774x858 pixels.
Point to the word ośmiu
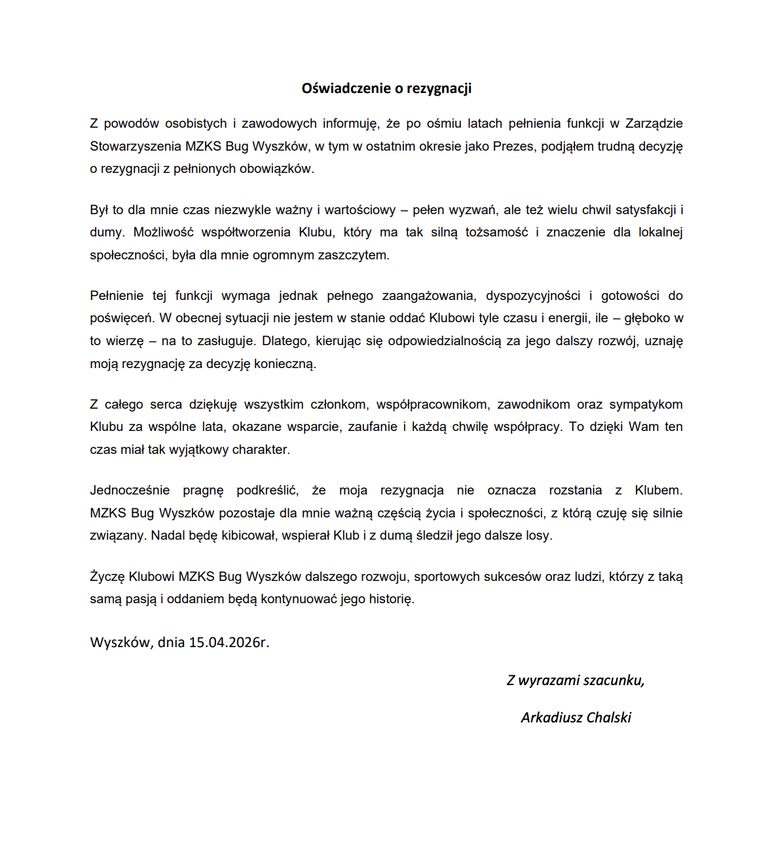pos(444,124)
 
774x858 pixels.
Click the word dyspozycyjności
pos(533,296)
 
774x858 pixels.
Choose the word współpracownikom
pos(432,405)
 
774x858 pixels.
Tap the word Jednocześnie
pos(130,491)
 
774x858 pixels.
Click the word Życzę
pos(107,577)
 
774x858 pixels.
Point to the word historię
pos(392,599)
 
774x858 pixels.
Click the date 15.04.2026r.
pos(229,643)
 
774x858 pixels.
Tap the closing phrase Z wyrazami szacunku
pos(576,681)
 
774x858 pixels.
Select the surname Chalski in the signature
pos(609,718)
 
